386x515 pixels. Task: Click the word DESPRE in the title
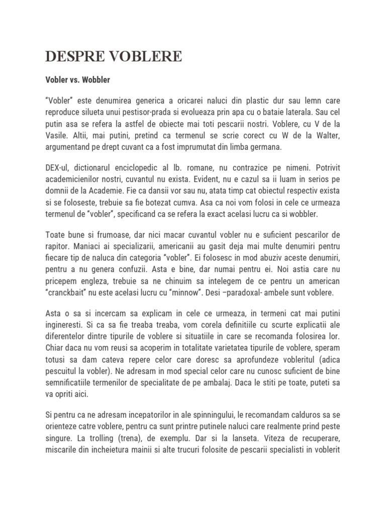tap(71, 57)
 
